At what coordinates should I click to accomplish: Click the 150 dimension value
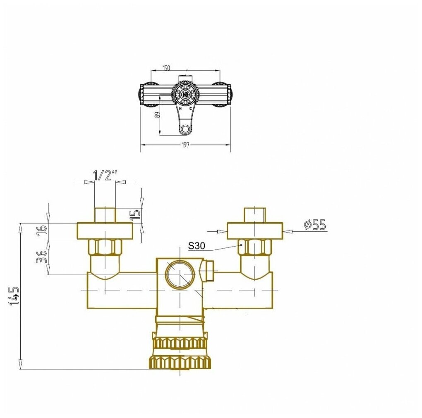pos(167,68)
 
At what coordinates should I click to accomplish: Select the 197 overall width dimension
pos(185,145)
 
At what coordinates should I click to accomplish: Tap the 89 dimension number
pos(158,114)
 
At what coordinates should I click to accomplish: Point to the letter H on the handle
pos(180,109)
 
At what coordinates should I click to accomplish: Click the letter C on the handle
pos(190,109)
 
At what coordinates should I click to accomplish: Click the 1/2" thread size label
pos(105,175)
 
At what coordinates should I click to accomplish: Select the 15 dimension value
pos(137,215)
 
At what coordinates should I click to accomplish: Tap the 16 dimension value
pos(42,231)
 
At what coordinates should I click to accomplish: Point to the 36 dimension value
pos(41,256)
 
